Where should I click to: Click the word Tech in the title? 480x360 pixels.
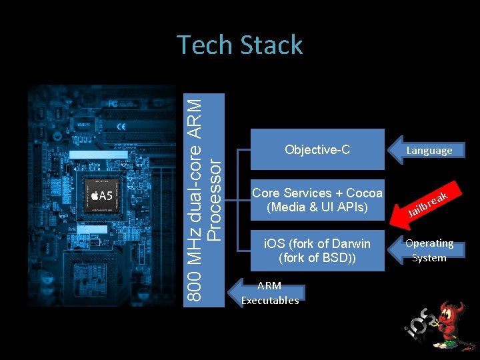pyautogui.click(x=203, y=45)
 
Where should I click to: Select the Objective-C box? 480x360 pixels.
pyautogui.click(x=317, y=150)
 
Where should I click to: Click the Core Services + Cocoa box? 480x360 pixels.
pyautogui.click(x=317, y=200)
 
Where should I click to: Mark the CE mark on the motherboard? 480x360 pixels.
pyautogui.click(x=121, y=127)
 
